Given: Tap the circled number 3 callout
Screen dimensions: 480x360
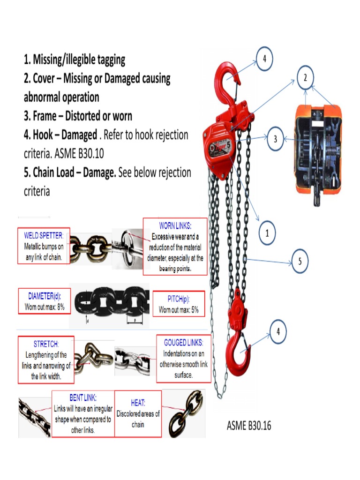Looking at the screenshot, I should tap(276, 139).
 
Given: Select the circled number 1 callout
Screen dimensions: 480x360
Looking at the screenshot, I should tap(267, 233).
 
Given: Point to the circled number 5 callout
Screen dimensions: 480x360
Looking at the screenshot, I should tap(300, 262).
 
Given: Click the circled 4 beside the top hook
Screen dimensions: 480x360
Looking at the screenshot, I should tap(264, 59).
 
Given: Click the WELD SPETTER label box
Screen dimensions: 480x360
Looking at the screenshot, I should tap(44, 246).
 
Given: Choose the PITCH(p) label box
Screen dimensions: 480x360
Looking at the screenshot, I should tap(179, 304).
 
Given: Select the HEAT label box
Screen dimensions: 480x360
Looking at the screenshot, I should tap(138, 414).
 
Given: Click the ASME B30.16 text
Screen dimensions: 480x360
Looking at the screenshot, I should tap(249, 426).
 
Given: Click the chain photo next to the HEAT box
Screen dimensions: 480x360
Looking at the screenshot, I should tap(186, 413).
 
